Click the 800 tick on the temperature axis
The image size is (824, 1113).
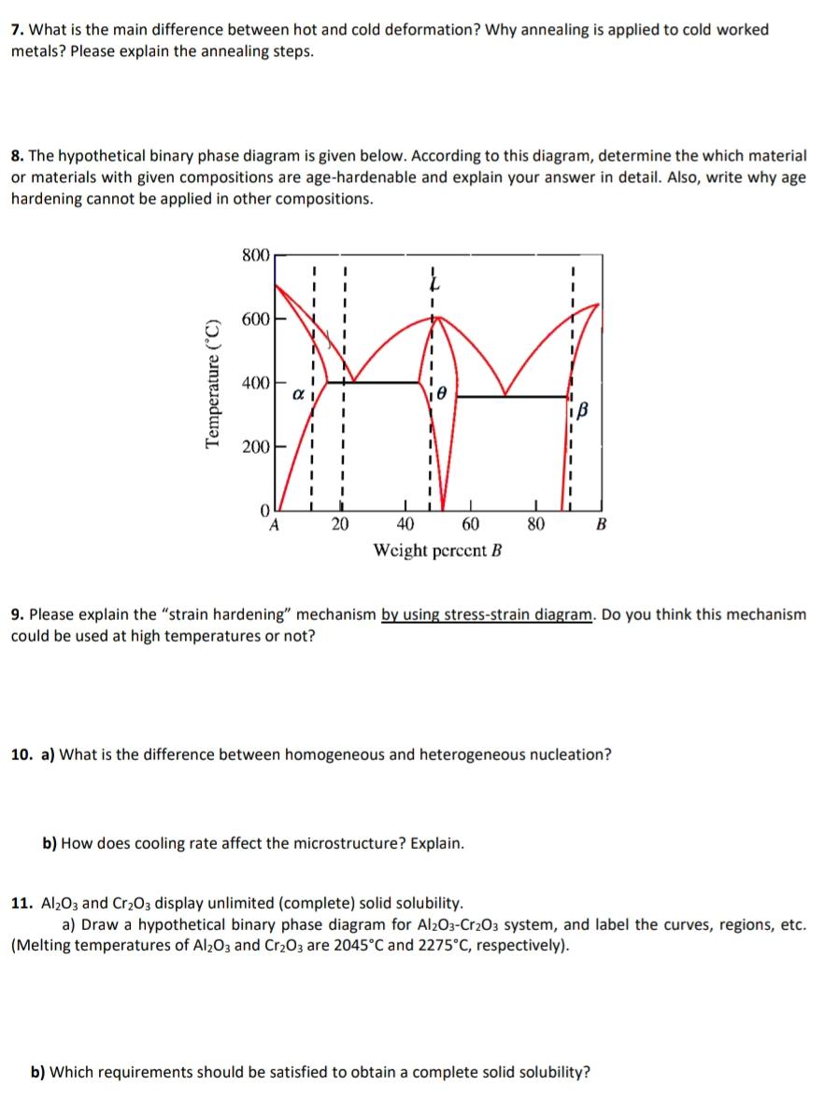(x=255, y=255)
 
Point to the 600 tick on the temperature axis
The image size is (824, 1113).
(x=255, y=318)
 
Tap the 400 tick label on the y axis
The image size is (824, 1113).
(x=255, y=383)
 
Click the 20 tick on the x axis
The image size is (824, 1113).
(x=339, y=524)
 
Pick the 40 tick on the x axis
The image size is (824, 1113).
(x=405, y=524)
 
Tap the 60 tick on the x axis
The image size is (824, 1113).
(x=470, y=524)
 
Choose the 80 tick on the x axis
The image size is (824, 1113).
(x=535, y=524)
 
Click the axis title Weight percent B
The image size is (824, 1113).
(x=437, y=549)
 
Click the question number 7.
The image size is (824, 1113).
(x=17, y=30)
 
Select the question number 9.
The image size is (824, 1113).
(x=17, y=614)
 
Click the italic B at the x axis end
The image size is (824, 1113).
(x=600, y=524)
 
